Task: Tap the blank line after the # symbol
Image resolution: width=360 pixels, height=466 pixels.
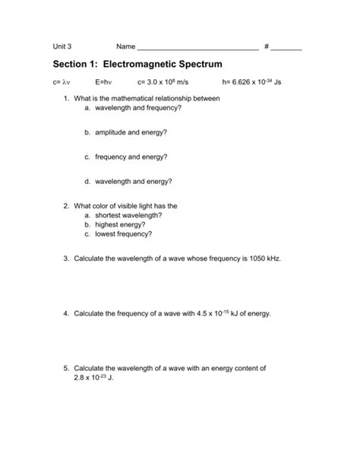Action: tap(286, 49)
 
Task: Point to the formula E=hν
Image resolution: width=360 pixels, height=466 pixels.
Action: tap(104, 82)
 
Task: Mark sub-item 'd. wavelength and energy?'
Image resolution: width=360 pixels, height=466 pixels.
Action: tap(128, 182)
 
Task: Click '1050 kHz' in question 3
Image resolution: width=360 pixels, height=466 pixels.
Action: tap(261, 258)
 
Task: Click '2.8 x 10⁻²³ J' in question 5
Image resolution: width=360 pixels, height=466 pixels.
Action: tap(92, 377)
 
